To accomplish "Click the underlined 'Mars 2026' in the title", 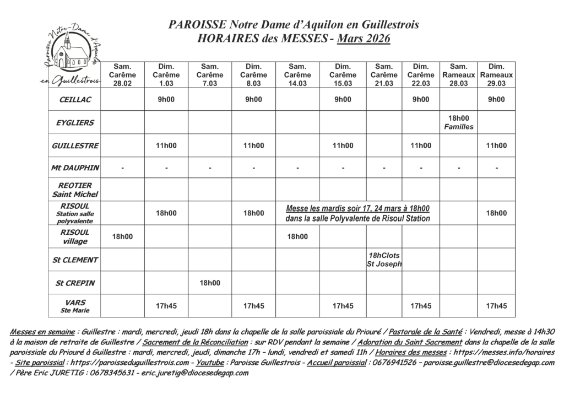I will point(364,39).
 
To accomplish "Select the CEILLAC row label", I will point(75,99).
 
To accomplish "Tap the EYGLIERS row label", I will point(75,122).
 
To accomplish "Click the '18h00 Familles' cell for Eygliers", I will point(458,122).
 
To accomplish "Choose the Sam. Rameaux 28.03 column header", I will point(458,75).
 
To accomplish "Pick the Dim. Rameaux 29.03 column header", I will point(496,75).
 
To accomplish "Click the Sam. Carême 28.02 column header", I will point(122,75).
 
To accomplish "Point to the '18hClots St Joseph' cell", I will point(384,260).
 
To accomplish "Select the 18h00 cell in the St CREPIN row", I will point(210,283).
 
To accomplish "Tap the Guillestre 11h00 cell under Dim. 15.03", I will point(342,145).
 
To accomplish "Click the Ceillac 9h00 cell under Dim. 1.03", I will point(166,99).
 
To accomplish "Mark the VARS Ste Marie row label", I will point(75,306).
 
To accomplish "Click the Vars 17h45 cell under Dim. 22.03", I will point(421,306).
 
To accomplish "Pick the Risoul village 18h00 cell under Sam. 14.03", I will point(297,236).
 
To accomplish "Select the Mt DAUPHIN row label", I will point(75,168).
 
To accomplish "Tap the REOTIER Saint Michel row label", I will point(75,190).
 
